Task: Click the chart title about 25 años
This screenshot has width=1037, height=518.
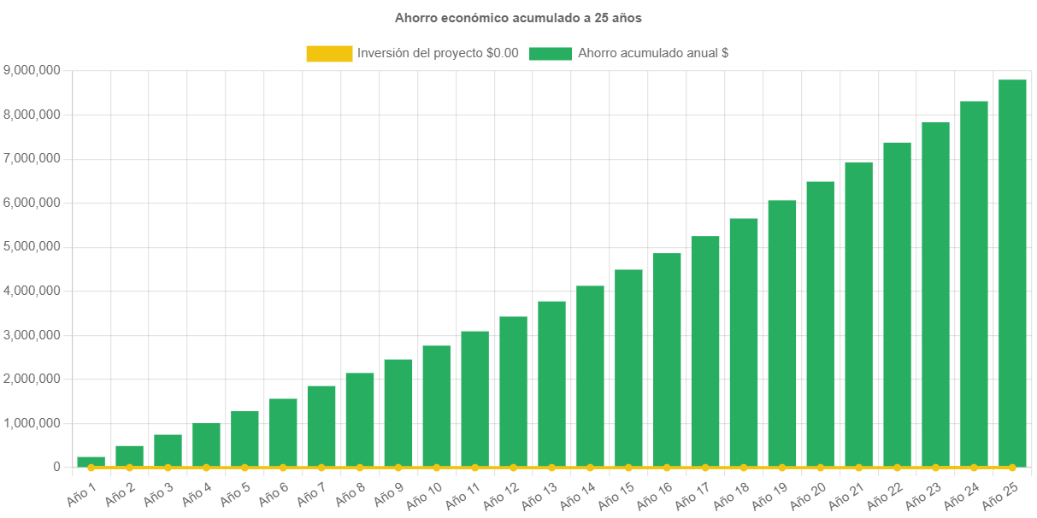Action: click(518, 17)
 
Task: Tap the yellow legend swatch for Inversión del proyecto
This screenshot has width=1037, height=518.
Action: click(329, 53)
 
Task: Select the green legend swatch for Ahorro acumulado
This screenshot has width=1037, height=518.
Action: click(550, 53)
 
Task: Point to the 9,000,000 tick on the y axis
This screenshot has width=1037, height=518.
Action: click(32, 70)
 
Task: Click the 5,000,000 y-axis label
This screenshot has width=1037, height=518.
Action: click(32, 246)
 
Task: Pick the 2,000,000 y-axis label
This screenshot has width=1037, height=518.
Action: click(32, 379)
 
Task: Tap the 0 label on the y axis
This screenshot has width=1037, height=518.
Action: click(56, 467)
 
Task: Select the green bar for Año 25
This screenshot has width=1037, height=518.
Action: click(1012, 274)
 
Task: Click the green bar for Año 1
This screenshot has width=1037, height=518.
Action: click(91, 462)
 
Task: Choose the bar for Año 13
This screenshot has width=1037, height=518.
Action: click(551, 384)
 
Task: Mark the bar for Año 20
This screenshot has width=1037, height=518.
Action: click(820, 324)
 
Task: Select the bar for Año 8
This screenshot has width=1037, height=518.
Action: click(359, 420)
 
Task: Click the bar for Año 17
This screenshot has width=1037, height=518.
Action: click(705, 351)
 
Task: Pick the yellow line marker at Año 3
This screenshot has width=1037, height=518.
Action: click(168, 468)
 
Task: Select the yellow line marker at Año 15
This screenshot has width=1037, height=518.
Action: click(628, 468)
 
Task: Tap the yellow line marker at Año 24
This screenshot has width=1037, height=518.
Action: click(974, 468)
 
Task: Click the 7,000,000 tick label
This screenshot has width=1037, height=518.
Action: click(32, 158)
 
